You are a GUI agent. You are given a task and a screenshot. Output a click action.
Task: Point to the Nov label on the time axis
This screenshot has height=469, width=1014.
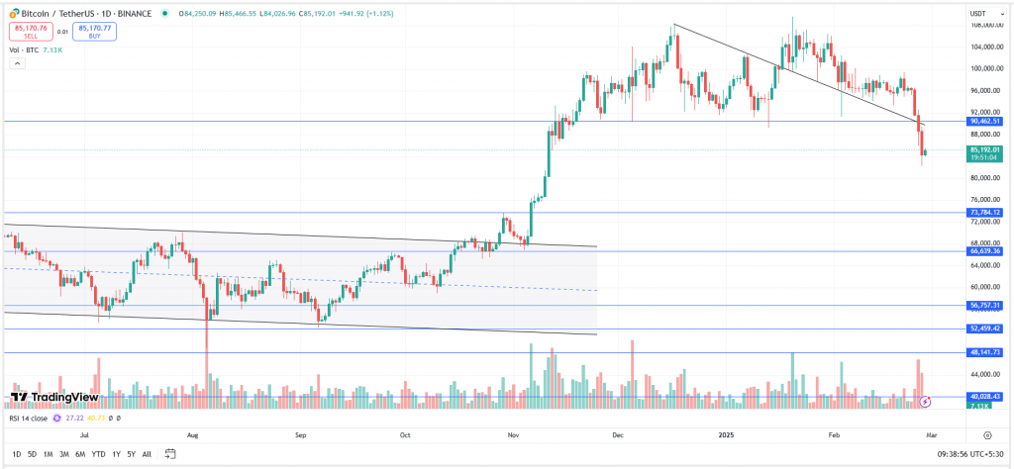(513, 433)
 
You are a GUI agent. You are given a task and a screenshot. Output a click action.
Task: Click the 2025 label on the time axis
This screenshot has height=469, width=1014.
(724, 433)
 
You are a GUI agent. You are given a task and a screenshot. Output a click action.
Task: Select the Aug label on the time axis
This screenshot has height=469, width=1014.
(194, 433)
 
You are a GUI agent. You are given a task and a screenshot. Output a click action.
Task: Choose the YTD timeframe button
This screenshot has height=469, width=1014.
(98, 454)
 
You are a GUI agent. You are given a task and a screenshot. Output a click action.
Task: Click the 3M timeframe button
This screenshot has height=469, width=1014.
(64, 454)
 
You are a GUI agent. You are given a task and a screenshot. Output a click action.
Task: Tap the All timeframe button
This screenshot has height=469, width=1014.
(147, 454)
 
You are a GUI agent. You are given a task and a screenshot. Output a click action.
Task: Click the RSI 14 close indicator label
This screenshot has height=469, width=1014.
(27, 419)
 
